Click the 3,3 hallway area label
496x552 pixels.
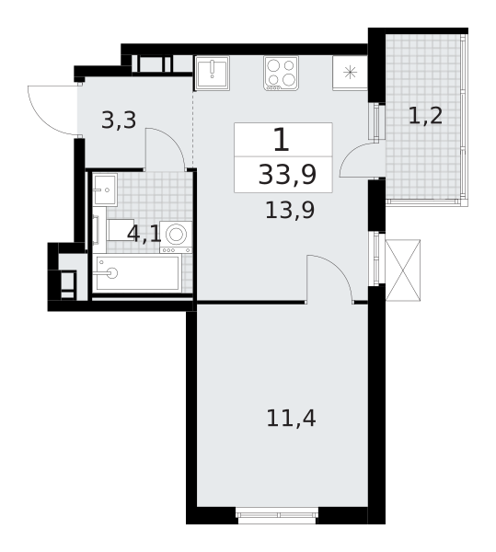coord(119,121)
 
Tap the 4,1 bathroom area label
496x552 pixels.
coord(144,234)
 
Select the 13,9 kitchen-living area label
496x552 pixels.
coord(290,211)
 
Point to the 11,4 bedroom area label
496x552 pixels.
coord(291,419)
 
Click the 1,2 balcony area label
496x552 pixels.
coord(425,116)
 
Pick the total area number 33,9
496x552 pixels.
coord(288,175)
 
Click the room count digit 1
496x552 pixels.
coord(282,140)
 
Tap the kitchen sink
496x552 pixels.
coord(213,74)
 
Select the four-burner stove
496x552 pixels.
coord(281,74)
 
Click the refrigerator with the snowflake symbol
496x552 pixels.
coord(350,74)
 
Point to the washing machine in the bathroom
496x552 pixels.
coord(176,237)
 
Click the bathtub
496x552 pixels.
coord(137,273)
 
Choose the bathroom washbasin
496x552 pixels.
coord(105,190)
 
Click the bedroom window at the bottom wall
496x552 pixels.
coord(277,515)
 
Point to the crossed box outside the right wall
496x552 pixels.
coord(403,270)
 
